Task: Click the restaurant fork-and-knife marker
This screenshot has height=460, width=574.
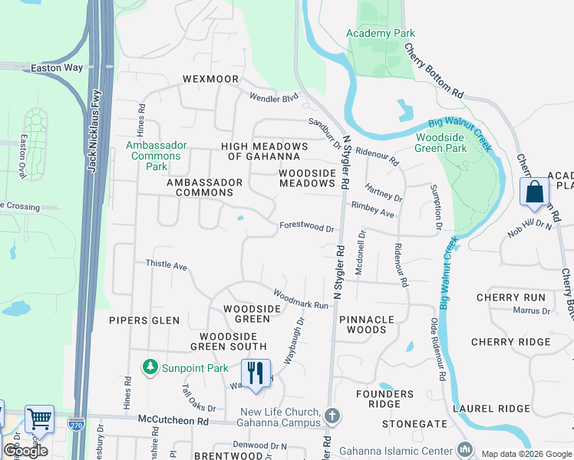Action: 256,373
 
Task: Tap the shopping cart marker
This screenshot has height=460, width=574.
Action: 39,419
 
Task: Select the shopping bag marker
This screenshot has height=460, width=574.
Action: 534,192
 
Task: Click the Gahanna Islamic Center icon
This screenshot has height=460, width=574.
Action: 463,449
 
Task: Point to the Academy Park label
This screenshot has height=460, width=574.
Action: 380,33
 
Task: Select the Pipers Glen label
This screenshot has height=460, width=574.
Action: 144,320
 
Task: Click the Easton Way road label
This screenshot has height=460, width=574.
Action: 56,67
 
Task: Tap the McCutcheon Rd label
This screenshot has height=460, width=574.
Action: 173,420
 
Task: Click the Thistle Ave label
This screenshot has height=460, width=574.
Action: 167,264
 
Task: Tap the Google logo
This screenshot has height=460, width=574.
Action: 25,450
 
